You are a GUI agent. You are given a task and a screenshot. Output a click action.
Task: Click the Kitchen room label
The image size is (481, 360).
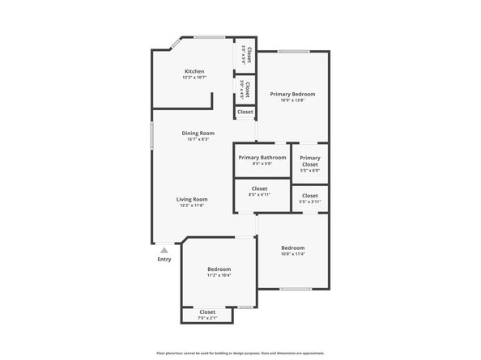[x=194, y=71]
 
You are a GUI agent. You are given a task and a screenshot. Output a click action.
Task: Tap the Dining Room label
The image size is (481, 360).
[x=198, y=133]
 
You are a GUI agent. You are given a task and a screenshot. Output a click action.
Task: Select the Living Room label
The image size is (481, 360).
[x=193, y=199]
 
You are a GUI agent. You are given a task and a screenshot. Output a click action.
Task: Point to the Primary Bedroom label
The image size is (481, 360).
[x=292, y=95]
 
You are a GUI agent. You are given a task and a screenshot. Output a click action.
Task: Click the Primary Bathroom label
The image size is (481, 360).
[x=262, y=157]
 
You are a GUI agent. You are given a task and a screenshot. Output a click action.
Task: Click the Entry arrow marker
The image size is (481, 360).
[x=164, y=251]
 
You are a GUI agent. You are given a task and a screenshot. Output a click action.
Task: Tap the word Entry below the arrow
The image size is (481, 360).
[x=164, y=260]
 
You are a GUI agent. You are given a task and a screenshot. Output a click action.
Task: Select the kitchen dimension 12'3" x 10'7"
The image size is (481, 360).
[x=194, y=78]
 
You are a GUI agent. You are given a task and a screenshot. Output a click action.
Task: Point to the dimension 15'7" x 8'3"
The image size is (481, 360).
[x=198, y=139]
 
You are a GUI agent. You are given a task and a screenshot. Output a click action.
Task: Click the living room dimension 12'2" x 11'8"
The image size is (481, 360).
[x=193, y=205]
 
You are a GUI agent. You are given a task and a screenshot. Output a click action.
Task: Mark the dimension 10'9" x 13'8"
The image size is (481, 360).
[x=292, y=101]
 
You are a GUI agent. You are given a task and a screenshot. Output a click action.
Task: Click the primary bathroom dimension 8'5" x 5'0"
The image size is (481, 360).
[x=262, y=163]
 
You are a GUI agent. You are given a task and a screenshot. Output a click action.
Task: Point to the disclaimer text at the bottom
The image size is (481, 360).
[x=240, y=353]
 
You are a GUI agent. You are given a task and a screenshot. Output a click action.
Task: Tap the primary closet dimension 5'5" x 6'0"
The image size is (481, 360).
[x=310, y=171]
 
